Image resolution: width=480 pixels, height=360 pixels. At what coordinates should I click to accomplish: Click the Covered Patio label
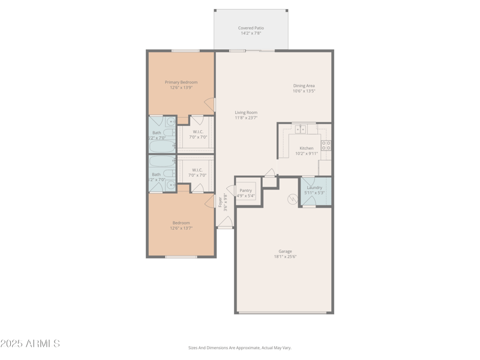point(251,28)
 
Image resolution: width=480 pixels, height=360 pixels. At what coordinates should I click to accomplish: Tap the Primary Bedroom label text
point(181,82)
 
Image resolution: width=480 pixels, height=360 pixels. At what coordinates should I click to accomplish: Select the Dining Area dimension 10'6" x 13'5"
point(304,91)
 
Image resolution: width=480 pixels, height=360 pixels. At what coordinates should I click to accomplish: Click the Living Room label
point(246,112)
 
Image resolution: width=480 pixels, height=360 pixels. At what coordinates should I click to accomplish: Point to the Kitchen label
point(306,148)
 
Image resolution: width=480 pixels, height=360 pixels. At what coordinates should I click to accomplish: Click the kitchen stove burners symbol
point(326,145)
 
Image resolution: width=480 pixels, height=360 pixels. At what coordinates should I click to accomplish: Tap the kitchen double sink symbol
point(301,129)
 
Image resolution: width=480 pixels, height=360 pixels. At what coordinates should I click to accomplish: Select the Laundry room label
point(314,188)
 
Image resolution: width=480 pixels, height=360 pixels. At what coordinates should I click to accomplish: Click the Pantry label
point(245,190)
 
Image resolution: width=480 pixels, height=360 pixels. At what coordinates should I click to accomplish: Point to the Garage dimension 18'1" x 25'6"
point(285,257)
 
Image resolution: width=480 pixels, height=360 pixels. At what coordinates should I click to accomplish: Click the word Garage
point(285,251)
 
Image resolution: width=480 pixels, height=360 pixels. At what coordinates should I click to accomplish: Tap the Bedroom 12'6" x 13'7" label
point(181,225)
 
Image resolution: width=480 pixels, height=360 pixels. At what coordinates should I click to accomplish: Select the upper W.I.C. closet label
point(197,132)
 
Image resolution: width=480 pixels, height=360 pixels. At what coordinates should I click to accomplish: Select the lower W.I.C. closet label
point(197,170)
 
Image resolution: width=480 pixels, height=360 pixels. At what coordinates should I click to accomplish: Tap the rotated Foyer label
point(220,203)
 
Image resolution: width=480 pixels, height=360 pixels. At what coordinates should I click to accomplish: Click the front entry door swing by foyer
point(225,223)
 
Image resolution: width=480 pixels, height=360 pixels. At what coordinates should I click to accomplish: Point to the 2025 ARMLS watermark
point(30,344)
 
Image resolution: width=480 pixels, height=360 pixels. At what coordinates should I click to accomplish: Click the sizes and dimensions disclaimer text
point(239,347)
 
